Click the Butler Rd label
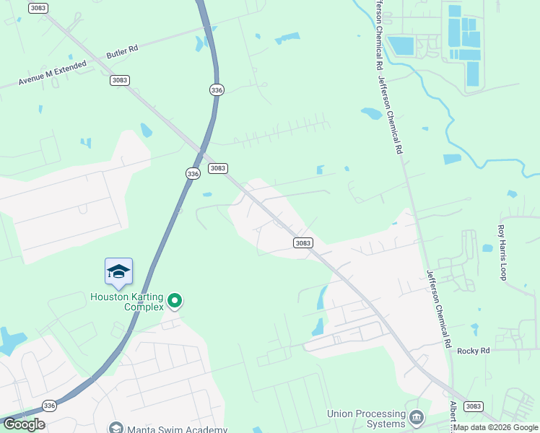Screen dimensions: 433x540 (x=122, y=52)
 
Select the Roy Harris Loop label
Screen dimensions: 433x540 (x=502, y=252)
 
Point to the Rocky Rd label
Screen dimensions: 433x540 (x=474, y=351)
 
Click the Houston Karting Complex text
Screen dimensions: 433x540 (x=127, y=301)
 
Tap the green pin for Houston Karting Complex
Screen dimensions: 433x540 (x=174, y=299)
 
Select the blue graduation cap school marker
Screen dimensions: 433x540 (x=118, y=271)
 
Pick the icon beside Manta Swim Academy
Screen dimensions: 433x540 (x=115, y=428)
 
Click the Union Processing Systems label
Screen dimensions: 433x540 (x=366, y=419)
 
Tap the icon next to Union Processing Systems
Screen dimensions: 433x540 (x=417, y=417)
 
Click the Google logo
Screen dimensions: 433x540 (x=23, y=424)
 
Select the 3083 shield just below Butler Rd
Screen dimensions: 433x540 (x=120, y=80)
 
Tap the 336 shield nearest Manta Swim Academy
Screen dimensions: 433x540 (x=49, y=406)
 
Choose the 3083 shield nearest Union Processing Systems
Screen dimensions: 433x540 (x=474, y=406)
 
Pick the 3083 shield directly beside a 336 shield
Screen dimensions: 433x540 (x=218, y=168)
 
